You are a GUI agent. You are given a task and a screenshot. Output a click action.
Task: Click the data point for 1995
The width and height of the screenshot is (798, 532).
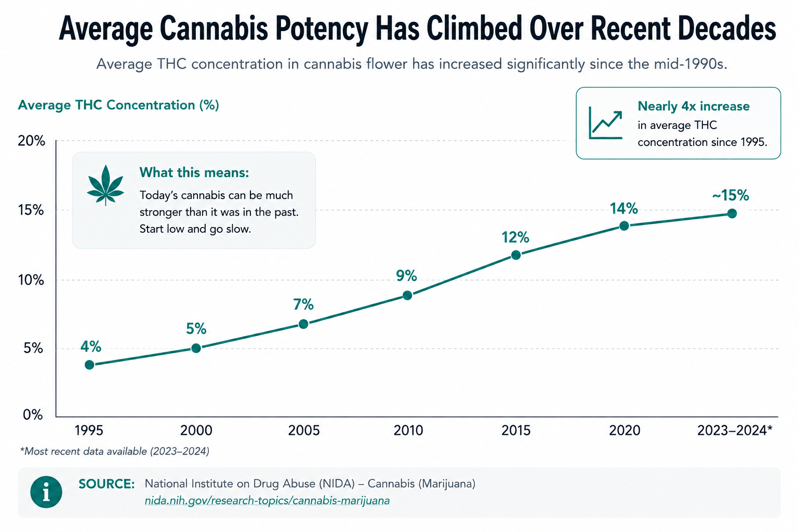(89, 365)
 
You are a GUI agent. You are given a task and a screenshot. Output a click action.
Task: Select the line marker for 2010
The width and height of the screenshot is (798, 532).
(407, 295)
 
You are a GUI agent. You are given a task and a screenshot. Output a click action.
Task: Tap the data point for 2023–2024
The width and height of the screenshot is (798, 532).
(731, 214)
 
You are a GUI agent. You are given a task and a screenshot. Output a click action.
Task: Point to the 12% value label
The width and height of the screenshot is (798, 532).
(515, 237)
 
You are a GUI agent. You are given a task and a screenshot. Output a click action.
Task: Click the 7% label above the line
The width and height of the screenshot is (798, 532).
(303, 304)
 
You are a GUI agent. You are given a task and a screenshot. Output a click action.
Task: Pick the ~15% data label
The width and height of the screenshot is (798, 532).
(730, 195)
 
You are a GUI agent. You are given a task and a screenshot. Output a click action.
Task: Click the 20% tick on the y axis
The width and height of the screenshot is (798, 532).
(31, 141)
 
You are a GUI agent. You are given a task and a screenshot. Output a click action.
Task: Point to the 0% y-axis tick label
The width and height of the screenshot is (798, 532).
(33, 415)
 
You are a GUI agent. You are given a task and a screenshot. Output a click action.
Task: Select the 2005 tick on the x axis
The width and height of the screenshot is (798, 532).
(303, 431)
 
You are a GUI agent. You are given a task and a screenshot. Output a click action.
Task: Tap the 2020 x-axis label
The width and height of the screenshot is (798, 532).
(624, 431)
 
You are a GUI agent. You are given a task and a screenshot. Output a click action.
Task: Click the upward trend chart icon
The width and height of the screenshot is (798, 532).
(606, 123)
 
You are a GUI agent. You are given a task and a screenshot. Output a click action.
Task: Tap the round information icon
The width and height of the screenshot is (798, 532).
(46, 492)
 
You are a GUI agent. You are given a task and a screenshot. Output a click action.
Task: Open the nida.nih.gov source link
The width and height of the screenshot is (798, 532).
(267, 501)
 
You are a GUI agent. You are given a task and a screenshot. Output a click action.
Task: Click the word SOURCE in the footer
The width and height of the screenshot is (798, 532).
(107, 484)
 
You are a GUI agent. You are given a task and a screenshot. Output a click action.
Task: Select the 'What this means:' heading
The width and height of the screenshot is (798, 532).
(194, 172)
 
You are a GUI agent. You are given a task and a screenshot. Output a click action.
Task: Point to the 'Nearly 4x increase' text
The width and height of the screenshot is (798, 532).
(694, 106)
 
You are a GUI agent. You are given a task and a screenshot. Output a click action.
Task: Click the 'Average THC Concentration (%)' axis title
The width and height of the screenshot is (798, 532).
(118, 105)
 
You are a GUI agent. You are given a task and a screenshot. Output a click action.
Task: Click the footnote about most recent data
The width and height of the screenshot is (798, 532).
(115, 451)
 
